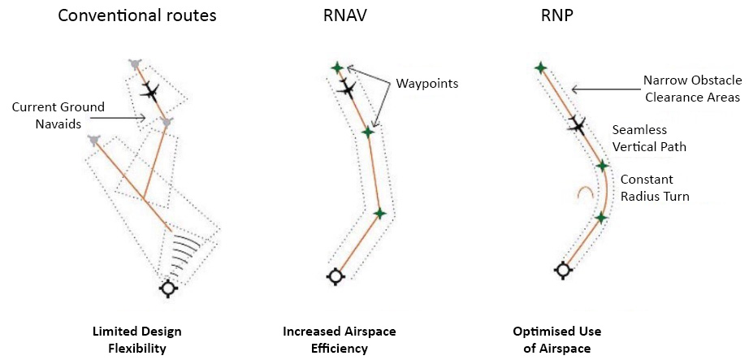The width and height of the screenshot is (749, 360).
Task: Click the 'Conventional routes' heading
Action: tap(136, 15)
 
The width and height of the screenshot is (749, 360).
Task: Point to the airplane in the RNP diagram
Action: tap(577, 124)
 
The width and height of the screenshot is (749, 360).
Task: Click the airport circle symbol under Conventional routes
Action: tap(168, 288)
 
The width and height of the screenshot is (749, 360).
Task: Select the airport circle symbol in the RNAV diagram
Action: tap(334, 277)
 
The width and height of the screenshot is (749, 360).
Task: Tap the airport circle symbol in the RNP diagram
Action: tap(561, 270)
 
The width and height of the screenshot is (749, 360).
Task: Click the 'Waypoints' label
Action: tap(427, 84)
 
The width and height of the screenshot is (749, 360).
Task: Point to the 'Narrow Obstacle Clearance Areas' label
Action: tap(691, 89)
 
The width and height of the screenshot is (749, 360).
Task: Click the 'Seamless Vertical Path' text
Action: tap(649, 138)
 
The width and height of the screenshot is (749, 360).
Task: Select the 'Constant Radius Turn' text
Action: tap(655, 188)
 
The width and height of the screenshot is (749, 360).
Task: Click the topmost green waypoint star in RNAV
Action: tap(337, 67)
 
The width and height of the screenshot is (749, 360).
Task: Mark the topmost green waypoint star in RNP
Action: tap(539, 67)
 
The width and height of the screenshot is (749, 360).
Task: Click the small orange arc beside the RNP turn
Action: tap(582, 193)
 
